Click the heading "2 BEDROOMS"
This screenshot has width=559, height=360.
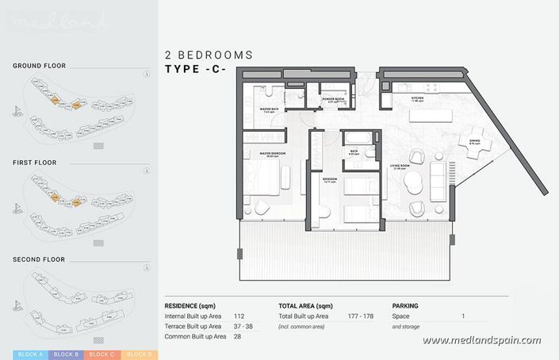(x=209, y=56)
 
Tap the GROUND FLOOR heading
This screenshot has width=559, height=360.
(x=39, y=66)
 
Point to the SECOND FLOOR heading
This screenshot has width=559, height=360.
(x=39, y=259)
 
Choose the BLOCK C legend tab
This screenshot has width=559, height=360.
(x=103, y=354)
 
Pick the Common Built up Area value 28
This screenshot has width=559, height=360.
(x=238, y=336)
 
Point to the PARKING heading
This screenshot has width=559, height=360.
(x=405, y=305)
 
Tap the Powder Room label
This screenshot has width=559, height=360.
(x=332, y=98)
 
